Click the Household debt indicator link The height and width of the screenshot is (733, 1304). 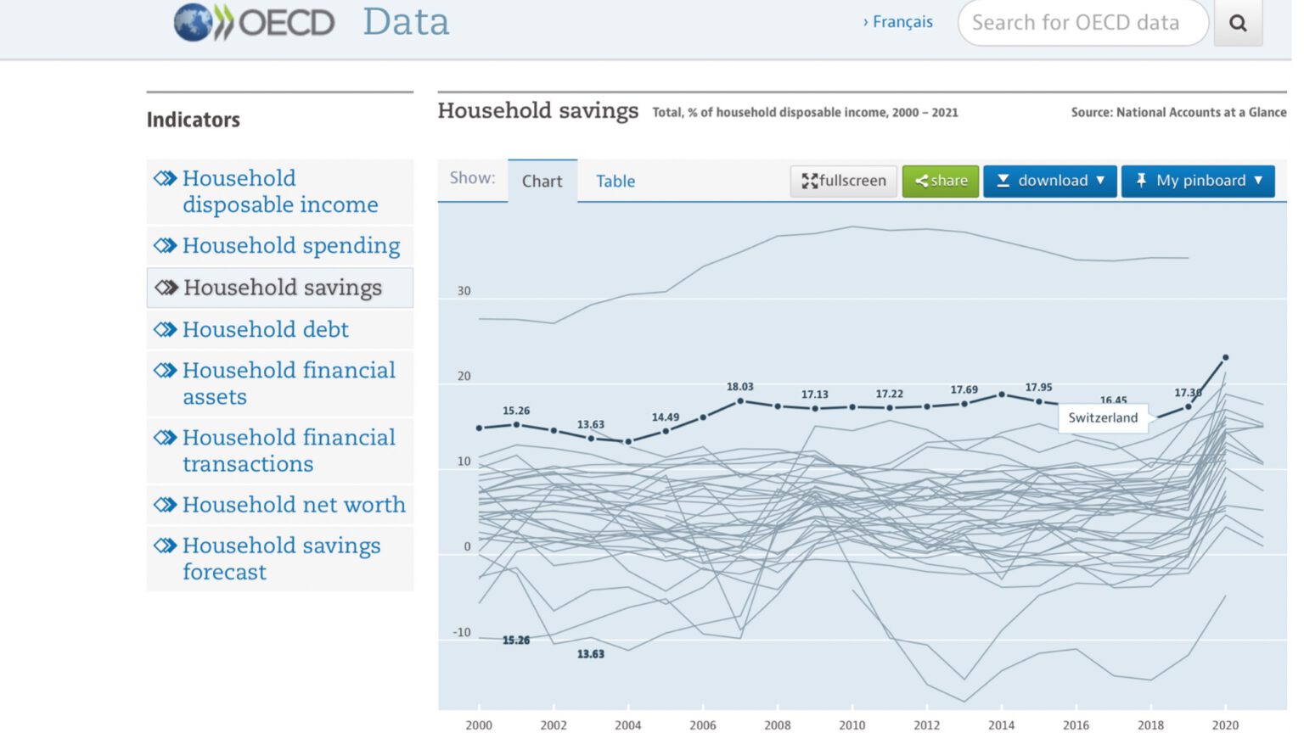point(265,329)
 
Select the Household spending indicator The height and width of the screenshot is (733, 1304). point(290,246)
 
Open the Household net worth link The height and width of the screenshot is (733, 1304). point(294,505)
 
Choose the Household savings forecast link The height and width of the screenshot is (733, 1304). point(281,558)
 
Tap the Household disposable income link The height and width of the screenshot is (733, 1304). point(280,192)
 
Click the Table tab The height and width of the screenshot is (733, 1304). point(615,182)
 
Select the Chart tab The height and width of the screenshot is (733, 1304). point(542,182)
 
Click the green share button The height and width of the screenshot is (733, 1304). point(940,181)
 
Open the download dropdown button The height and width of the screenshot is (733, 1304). point(1049,181)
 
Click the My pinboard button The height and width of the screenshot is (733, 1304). point(1197,181)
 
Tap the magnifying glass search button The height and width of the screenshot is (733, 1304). point(1238,23)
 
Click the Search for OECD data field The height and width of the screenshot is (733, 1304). point(1082,23)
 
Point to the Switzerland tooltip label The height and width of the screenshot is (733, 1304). point(1102,417)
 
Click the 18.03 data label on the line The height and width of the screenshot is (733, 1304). point(739,387)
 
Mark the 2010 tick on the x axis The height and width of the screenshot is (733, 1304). point(852,725)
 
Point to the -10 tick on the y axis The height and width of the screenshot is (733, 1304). point(462,632)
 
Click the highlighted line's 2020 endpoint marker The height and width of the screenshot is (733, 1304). point(1225,358)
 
